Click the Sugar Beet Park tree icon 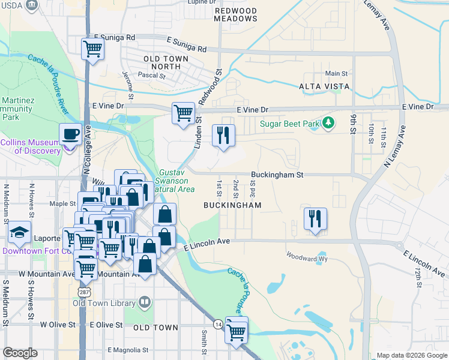coord(328,124)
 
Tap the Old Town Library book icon coord(145,302)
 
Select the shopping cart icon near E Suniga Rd coord(93,49)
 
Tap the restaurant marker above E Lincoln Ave coord(315,219)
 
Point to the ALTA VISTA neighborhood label coord(324,87)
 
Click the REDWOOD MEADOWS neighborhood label coord(236,15)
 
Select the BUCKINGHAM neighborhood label coord(232,205)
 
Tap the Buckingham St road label coord(278,175)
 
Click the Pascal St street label coord(152,76)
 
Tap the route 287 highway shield coord(83,291)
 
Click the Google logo coord(20,353)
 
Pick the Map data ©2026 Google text coord(411,355)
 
